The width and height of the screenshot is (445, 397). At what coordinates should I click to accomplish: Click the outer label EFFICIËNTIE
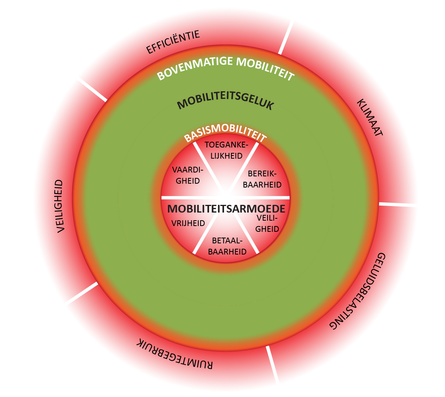pos(173,42)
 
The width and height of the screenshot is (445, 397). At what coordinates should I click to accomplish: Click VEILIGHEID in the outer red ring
pos(60,206)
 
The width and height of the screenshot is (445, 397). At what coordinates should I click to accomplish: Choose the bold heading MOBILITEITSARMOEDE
pos(226,209)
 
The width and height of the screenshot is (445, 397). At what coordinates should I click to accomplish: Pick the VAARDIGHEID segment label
pos(186,175)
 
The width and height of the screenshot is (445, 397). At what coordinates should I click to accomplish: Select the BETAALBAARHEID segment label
pos(227,246)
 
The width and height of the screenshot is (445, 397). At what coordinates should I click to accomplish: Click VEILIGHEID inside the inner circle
pos(267,223)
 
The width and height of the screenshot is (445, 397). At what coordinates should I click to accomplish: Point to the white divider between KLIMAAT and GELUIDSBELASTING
pos(398,204)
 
